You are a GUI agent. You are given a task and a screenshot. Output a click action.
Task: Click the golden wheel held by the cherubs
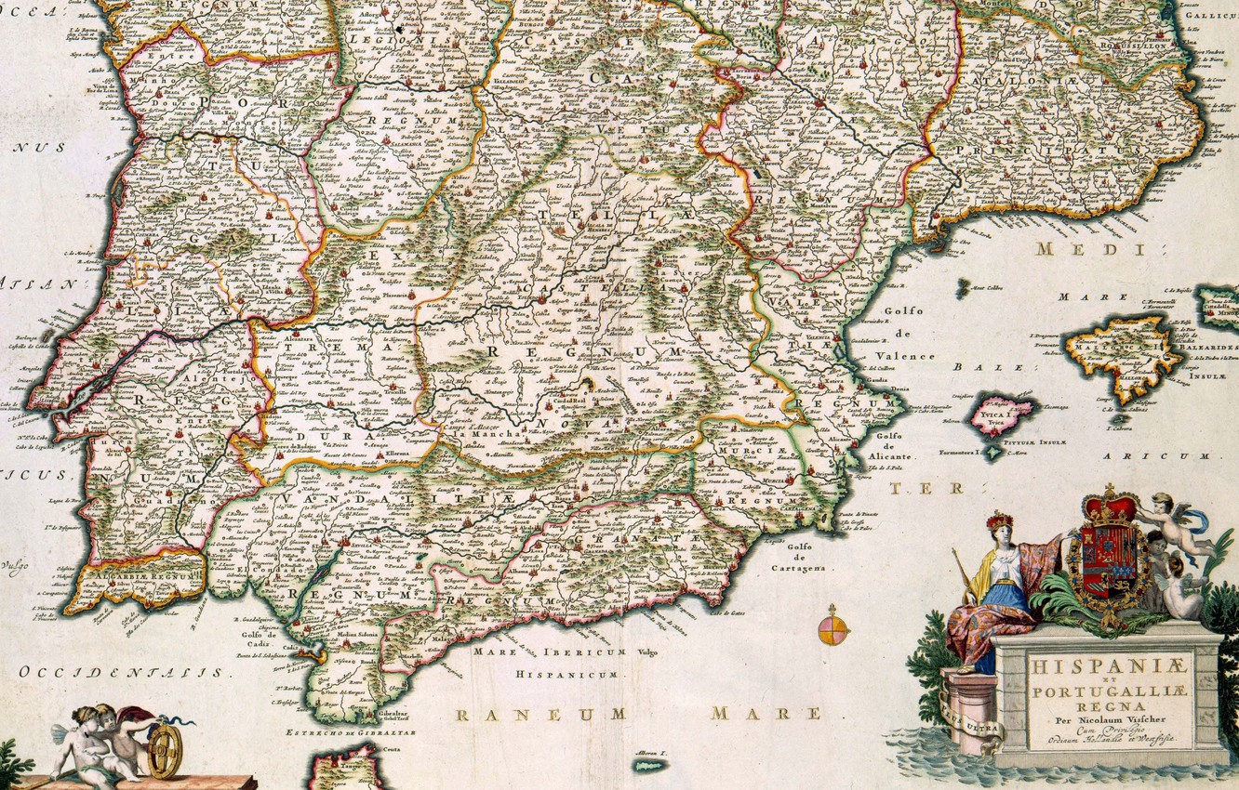point(165,750)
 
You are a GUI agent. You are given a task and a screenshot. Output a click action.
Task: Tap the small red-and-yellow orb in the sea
point(833,629)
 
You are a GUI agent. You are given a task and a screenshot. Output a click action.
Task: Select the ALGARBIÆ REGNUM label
point(140,576)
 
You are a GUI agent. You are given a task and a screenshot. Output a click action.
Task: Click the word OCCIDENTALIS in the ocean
point(121,672)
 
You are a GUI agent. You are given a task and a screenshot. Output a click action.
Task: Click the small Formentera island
point(993,453)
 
